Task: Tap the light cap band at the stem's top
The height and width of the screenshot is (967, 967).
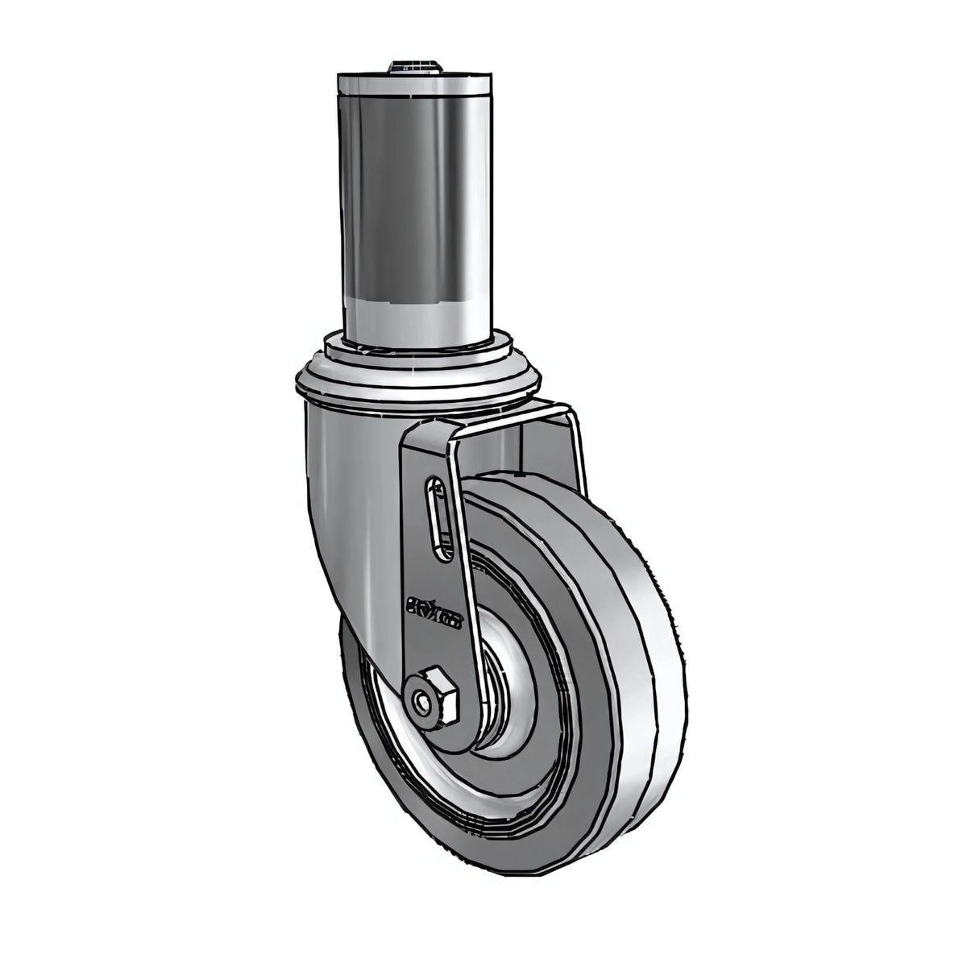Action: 414,84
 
